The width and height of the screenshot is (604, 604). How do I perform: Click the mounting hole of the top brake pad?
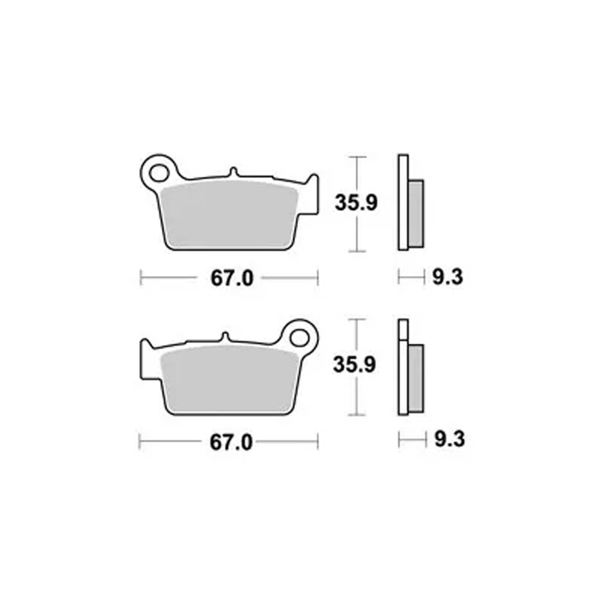[x=159, y=173]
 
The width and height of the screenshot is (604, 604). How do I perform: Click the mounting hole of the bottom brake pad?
[x=300, y=338]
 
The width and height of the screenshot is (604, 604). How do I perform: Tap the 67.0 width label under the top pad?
[x=232, y=278]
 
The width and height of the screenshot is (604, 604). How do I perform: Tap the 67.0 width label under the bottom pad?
[x=231, y=442]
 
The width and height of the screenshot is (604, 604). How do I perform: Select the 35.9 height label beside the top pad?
[x=356, y=202]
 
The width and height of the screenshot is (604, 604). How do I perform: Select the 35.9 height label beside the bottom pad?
[x=355, y=364]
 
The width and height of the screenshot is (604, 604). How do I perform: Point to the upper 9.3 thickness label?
[x=448, y=277]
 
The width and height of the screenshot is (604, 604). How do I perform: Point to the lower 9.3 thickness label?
[x=450, y=439]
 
